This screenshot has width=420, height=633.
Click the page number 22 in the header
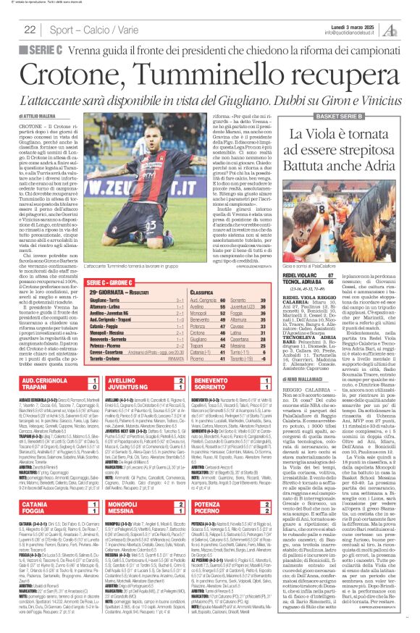click(x=30, y=29)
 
